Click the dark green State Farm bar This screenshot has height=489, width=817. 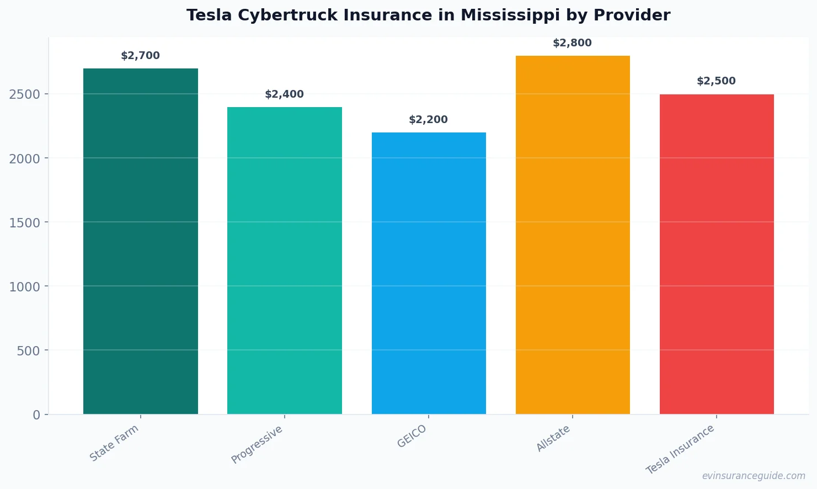[x=140, y=241]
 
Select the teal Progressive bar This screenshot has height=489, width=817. [x=284, y=261]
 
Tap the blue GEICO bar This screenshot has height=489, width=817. [x=429, y=273]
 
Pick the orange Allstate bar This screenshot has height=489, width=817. [x=573, y=235]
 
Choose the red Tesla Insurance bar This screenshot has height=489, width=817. [x=717, y=254]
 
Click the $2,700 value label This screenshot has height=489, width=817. [x=140, y=56]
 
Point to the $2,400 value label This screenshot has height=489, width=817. [x=284, y=94]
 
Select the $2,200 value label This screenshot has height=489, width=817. [x=428, y=120]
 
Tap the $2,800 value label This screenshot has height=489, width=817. [x=572, y=43]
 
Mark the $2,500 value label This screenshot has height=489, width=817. [x=716, y=81]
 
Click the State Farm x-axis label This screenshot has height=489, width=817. [x=114, y=443]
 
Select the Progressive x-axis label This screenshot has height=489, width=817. [x=257, y=444]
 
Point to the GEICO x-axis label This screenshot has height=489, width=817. [x=412, y=436]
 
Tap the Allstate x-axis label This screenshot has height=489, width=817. [x=553, y=438]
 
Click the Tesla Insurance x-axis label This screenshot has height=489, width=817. [x=680, y=449]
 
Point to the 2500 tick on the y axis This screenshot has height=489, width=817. [x=25, y=94]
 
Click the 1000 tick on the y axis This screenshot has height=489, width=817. [x=25, y=286]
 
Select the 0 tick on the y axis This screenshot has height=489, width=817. [x=36, y=415]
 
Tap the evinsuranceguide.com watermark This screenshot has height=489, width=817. [x=754, y=476]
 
